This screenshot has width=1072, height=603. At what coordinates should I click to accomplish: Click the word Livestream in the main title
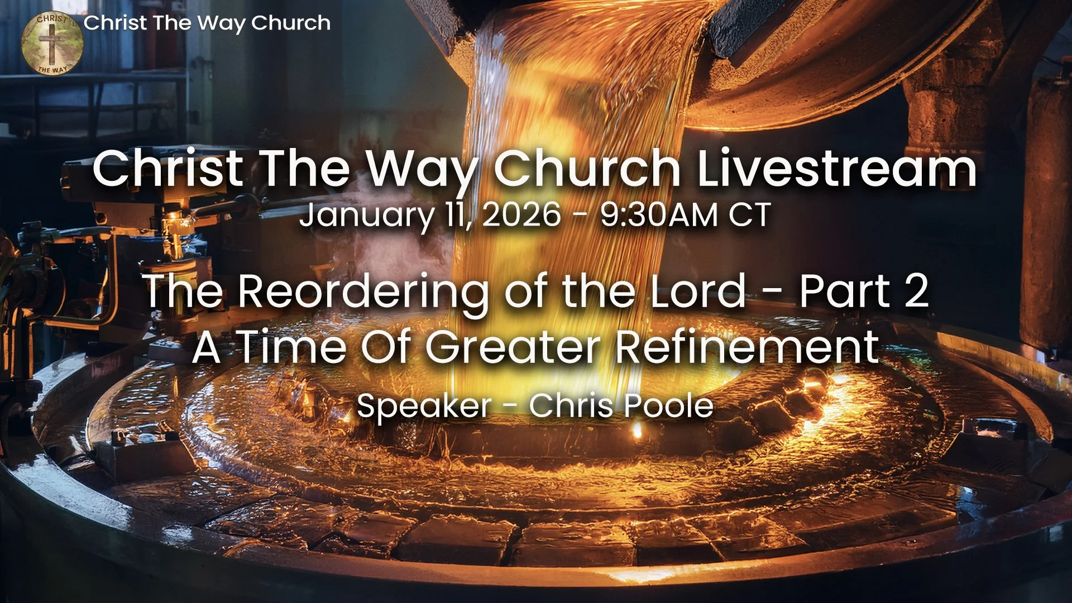(x=837, y=169)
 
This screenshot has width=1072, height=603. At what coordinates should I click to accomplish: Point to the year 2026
(x=521, y=215)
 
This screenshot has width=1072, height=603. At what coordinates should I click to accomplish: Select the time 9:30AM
(x=659, y=215)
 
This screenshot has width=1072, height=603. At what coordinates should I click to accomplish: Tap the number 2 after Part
(x=916, y=291)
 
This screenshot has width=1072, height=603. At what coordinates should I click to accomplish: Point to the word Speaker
(x=424, y=406)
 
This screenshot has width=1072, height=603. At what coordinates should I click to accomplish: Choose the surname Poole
(x=667, y=405)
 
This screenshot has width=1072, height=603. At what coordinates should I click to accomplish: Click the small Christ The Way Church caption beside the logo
(x=207, y=23)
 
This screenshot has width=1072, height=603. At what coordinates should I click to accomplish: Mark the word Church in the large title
(x=587, y=169)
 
